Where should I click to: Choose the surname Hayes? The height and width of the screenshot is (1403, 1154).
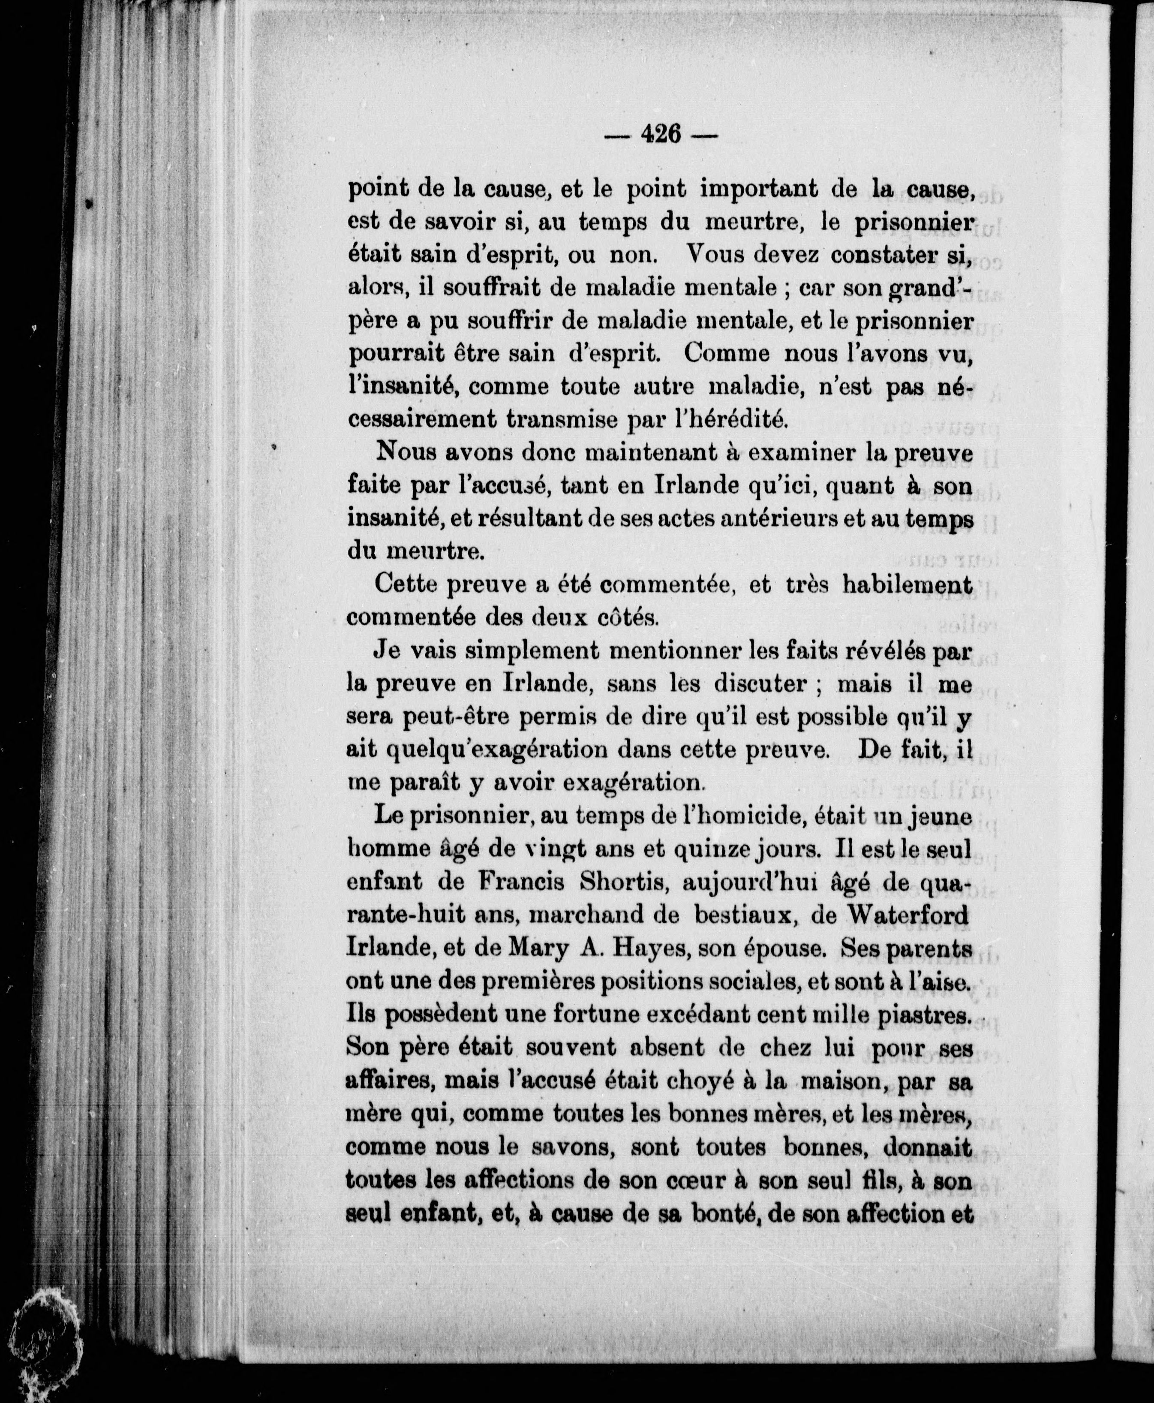click(x=634, y=948)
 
